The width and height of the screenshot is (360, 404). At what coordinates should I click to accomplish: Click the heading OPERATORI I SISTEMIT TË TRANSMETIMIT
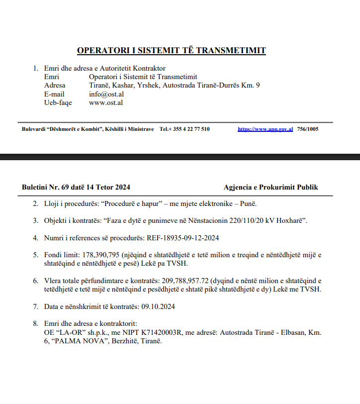tap(171, 50)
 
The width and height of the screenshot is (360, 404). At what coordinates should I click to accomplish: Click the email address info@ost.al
tap(106, 94)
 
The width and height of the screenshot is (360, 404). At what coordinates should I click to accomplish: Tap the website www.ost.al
tap(105, 102)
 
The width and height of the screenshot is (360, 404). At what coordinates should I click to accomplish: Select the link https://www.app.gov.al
tap(265, 129)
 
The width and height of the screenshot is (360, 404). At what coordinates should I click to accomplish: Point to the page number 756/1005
tap(307, 129)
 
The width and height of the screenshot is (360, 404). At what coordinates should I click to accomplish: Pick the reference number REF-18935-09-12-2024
tap(182, 238)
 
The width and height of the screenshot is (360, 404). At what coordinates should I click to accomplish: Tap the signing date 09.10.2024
tap(158, 306)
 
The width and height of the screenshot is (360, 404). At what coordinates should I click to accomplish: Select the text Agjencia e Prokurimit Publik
tap(270, 187)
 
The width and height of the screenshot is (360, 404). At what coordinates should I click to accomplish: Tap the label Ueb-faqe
tap(58, 102)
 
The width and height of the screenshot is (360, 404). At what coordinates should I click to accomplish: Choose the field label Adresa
tap(54, 85)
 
